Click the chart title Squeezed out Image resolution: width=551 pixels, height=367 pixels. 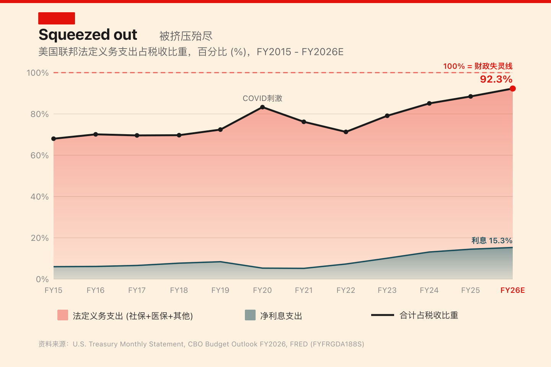[x=88, y=35]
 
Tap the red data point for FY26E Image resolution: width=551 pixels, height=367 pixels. [x=513, y=89]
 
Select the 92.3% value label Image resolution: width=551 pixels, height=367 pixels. [x=496, y=79]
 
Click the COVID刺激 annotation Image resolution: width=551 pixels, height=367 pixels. [x=262, y=98]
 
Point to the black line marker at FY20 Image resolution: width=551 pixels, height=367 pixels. [x=262, y=107]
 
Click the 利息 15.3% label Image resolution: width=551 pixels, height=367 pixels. [x=492, y=240]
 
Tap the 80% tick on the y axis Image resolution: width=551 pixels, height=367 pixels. [x=39, y=114]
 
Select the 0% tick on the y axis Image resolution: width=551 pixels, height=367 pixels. [x=42, y=279]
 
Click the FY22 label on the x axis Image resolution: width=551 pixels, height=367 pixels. [x=346, y=290]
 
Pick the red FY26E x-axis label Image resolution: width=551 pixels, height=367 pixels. [x=513, y=290]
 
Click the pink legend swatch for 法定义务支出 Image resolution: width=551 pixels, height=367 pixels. [x=63, y=315]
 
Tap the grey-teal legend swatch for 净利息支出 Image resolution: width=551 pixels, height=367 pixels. [x=250, y=315]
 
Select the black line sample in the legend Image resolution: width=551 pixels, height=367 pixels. [x=382, y=315]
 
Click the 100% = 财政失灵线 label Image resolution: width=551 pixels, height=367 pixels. [x=478, y=66]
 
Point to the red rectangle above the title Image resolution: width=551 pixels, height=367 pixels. [x=57, y=18]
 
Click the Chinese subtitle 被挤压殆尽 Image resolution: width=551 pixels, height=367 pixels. [x=186, y=36]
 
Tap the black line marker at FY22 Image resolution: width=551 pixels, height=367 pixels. [x=346, y=132]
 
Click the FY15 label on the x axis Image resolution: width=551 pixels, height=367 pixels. [x=54, y=290]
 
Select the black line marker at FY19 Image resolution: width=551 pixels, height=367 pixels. [x=220, y=130]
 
